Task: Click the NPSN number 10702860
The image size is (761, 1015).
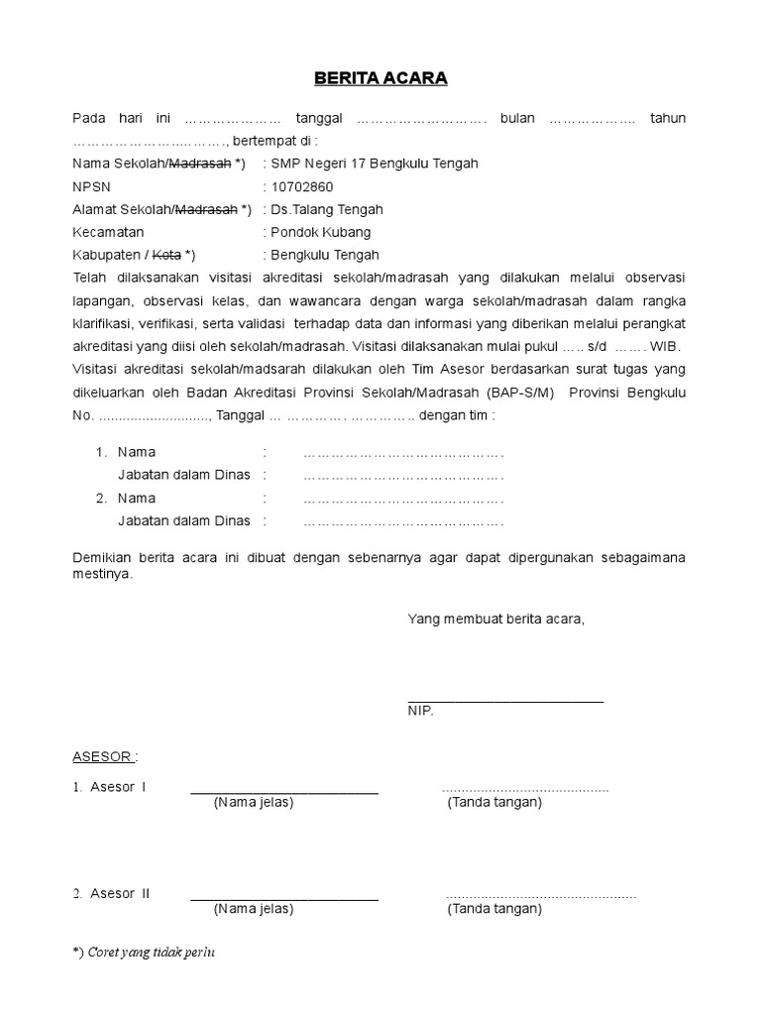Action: click(x=301, y=186)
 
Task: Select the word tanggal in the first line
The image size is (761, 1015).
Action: click(x=319, y=118)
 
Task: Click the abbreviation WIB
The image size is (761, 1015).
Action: click(x=665, y=346)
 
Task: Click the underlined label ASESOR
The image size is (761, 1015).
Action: click(x=103, y=756)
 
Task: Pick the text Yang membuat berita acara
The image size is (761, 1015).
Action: click(x=496, y=620)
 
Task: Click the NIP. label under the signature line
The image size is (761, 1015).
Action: click(x=420, y=712)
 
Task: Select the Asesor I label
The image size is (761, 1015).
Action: click(x=117, y=787)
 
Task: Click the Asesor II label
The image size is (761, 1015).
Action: click(x=119, y=893)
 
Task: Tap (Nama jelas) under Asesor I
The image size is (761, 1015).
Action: click(x=254, y=802)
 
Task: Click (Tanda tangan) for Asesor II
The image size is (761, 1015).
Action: click(x=494, y=908)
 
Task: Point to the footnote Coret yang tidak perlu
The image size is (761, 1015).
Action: click(x=152, y=953)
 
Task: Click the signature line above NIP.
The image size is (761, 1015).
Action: click(x=505, y=700)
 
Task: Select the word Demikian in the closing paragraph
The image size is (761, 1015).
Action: click(x=102, y=558)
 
